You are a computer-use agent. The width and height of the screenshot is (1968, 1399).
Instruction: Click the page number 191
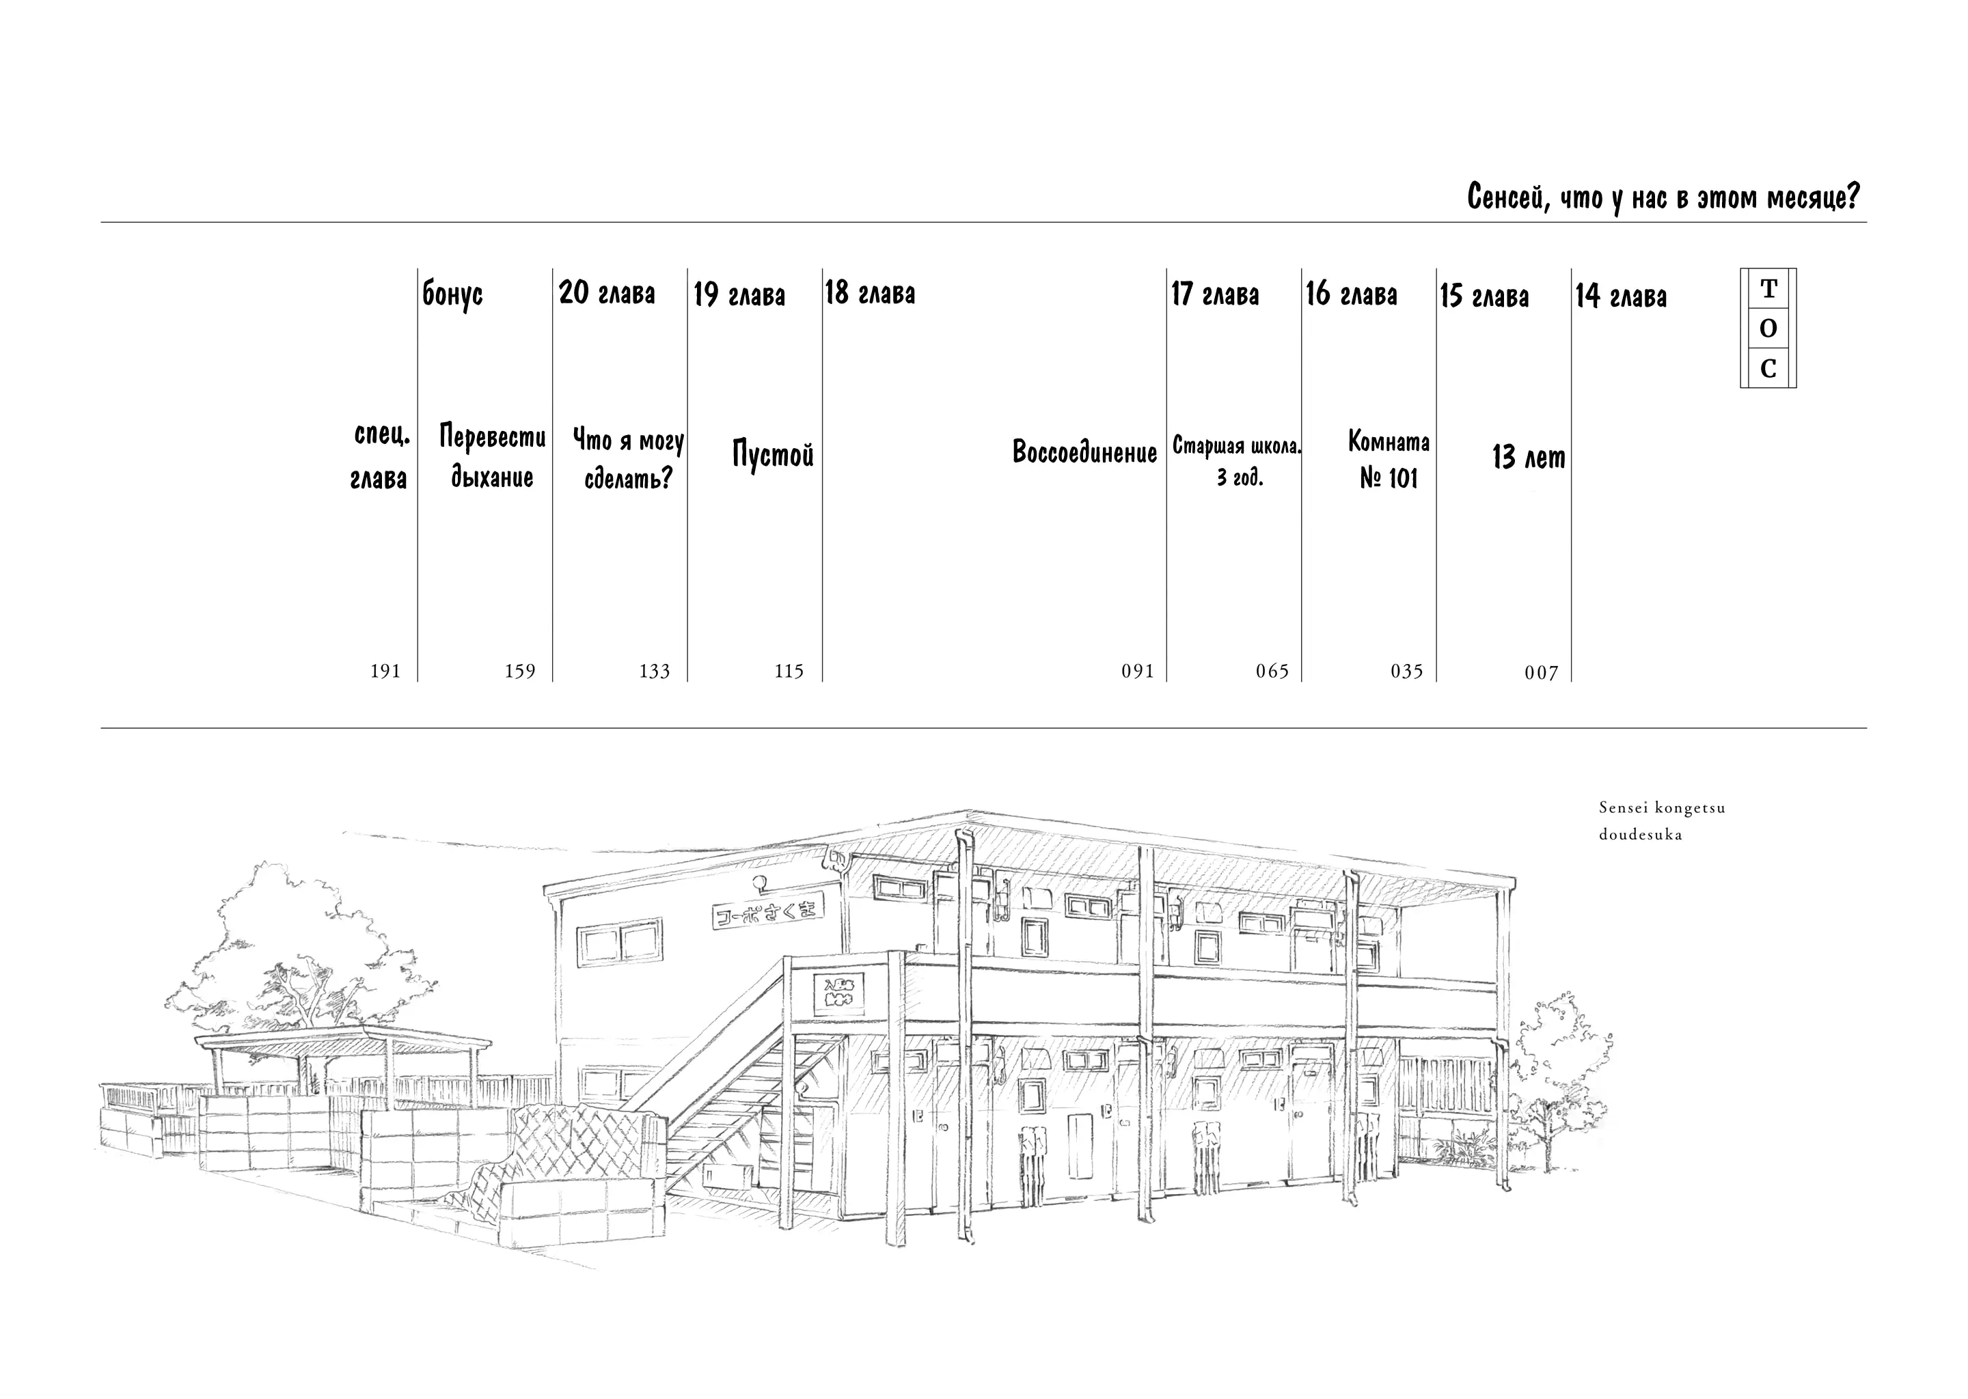(385, 671)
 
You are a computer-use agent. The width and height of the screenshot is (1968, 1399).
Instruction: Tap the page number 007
(1542, 673)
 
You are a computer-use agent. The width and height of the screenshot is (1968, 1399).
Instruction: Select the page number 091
(1137, 671)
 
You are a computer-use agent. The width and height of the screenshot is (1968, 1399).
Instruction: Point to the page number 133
(654, 671)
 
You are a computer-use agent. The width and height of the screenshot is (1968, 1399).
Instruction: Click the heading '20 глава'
(607, 294)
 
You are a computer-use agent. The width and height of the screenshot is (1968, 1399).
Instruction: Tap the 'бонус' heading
(452, 294)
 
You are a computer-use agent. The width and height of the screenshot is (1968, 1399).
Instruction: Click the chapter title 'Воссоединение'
(1084, 452)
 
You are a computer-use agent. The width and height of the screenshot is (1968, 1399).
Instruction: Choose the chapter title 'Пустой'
(773, 453)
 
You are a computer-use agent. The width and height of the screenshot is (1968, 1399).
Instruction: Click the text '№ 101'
(1388, 478)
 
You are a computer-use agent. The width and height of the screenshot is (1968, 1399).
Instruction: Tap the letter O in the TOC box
(1768, 328)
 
